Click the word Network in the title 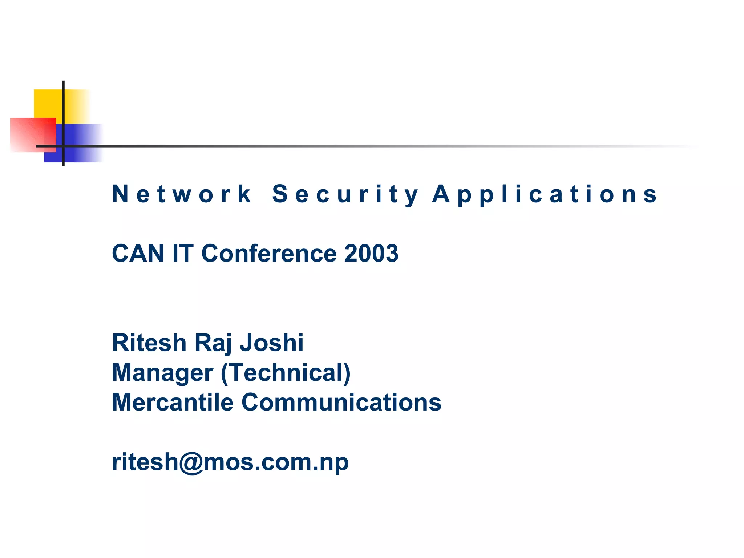pyautogui.click(x=182, y=194)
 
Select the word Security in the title pyautogui.click(x=345, y=194)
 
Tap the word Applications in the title pyautogui.click(x=545, y=194)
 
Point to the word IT pyautogui.click(x=183, y=253)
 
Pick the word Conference pyautogui.click(x=269, y=253)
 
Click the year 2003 pyautogui.click(x=371, y=253)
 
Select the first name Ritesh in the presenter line pyautogui.click(x=149, y=343)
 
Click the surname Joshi pyautogui.click(x=272, y=343)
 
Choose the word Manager pyautogui.click(x=162, y=372)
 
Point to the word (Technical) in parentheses pyautogui.click(x=286, y=372)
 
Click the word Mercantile pyautogui.click(x=173, y=402)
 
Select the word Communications pyautogui.click(x=341, y=402)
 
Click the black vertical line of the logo pyautogui.click(x=63, y=109)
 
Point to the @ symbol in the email pyautogui.click(x=190, y=462)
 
